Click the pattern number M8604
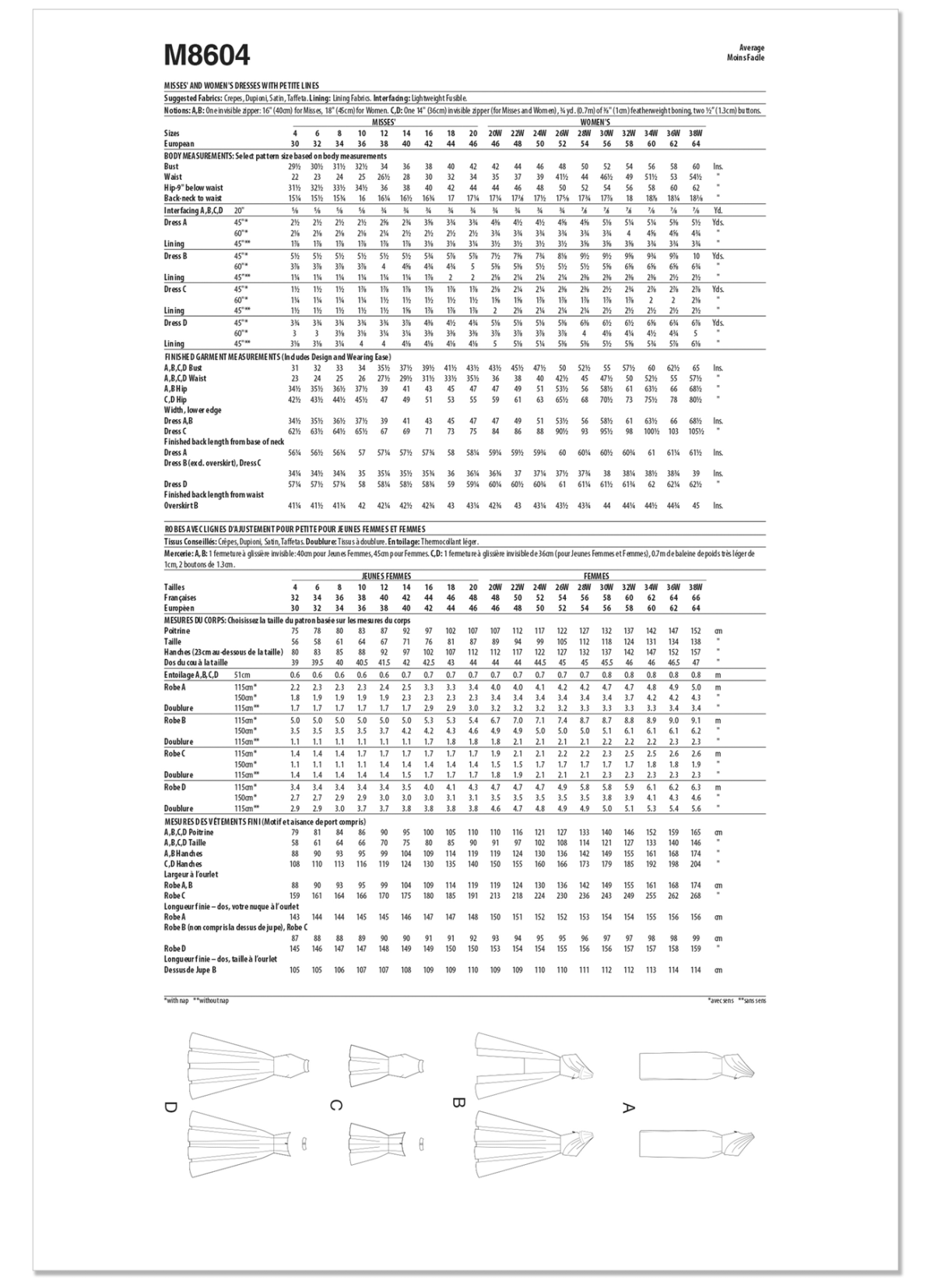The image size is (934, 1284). pos(207,55)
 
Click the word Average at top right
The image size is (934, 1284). pos(753,48)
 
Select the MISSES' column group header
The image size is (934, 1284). pos(383,122)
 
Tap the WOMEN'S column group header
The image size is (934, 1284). pos(595,122)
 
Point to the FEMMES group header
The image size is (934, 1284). pos(596,576)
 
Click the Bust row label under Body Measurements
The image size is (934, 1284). pos(171,166)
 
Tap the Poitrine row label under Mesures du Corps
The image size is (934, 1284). pos(177,631)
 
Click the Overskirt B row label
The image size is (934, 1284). pos(180,505)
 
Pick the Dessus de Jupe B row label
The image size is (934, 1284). pos(190,970)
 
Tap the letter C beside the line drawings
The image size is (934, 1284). pos(335,1106)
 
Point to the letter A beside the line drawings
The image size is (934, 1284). pos(629,1107)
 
